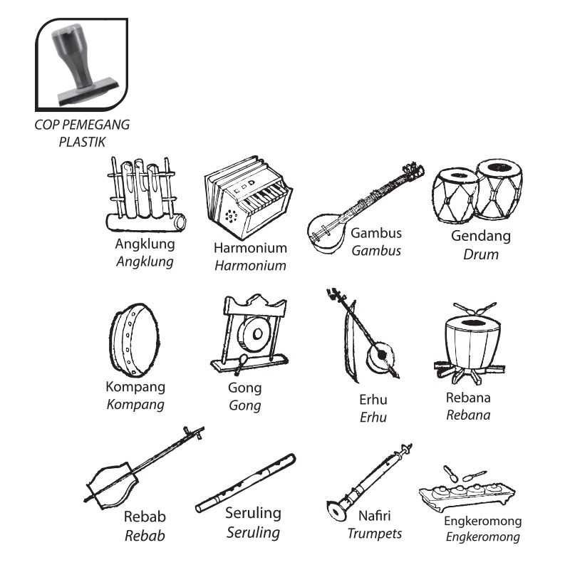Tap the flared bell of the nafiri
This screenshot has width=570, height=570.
[334, 509]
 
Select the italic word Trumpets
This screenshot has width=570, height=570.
[375, 534]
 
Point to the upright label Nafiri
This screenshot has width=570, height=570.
[375, 516]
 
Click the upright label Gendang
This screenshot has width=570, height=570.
[481, 236]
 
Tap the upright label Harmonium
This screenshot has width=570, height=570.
[250, 248]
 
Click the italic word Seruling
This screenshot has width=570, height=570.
[253, 532]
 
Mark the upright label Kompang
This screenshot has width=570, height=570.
[135, 387]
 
